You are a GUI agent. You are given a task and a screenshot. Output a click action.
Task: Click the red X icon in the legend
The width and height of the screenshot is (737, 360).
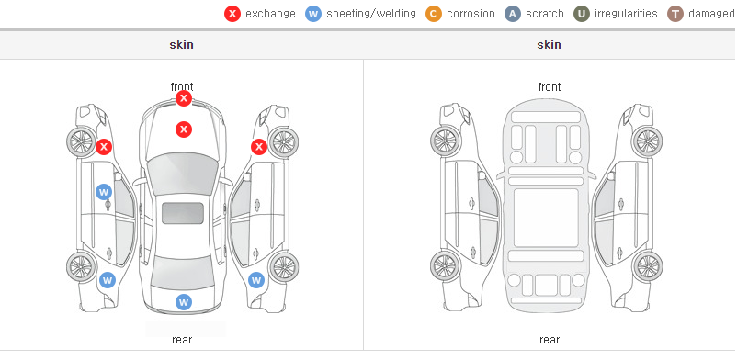tap(232, 14)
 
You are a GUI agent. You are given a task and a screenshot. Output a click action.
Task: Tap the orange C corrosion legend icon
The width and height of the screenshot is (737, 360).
tap(434, 14)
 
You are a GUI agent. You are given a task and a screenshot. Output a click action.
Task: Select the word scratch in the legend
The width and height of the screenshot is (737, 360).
tap(545, 14)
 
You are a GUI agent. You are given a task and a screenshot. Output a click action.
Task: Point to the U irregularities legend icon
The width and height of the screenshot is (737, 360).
tap(582, 14)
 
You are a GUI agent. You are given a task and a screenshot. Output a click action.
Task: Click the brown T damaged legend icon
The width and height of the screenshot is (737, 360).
tap(675, 14)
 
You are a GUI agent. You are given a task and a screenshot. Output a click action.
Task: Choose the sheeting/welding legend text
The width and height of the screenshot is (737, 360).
tap(371, 14)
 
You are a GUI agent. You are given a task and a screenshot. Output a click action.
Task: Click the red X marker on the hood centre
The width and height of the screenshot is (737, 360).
tap(184, 129)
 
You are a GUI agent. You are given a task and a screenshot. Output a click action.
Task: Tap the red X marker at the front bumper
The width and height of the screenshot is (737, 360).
tap(184, 98)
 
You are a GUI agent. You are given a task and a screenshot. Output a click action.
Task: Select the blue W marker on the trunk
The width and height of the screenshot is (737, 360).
tap(184, 302)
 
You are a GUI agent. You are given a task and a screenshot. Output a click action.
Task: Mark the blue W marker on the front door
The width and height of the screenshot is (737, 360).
tap(104, 192)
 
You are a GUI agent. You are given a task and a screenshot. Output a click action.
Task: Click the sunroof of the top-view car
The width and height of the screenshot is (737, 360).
tap(183, 213)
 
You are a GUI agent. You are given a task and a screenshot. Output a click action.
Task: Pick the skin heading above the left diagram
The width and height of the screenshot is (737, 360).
tap(181, 45)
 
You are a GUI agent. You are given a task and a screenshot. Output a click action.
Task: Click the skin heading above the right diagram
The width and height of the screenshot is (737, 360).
tap(549, 45)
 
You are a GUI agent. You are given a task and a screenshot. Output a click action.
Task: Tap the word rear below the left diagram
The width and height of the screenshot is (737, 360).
tap(182, 340)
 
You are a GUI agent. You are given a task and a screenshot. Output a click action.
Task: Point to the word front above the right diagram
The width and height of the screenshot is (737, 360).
tap(550, 87)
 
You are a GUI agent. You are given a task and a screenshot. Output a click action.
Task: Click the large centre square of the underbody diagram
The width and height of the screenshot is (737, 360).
tap(546, 218)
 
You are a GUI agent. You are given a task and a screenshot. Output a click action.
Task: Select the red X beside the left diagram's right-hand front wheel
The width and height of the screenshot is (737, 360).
tap(259, 147)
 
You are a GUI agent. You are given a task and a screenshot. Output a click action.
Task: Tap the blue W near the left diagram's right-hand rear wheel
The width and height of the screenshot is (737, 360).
tap(256, 281)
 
